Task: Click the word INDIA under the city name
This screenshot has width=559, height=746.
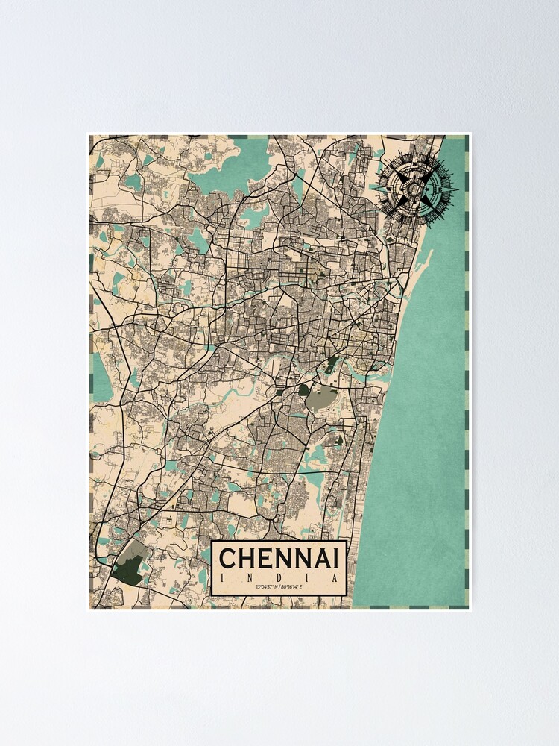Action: [x=279, y=577]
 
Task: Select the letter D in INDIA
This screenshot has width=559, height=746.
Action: [x=279, y=577]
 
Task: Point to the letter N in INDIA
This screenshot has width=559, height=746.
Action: [x=251, y=577]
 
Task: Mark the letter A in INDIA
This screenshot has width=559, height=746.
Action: [x=335, y=577]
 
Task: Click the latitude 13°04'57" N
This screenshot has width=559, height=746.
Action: [x=265, y=588]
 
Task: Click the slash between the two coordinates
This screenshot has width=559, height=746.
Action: [x=280, y=588]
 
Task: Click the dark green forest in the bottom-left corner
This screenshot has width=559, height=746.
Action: [x=124, y=569]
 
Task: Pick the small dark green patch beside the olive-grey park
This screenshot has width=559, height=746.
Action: [x=303, y=389]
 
